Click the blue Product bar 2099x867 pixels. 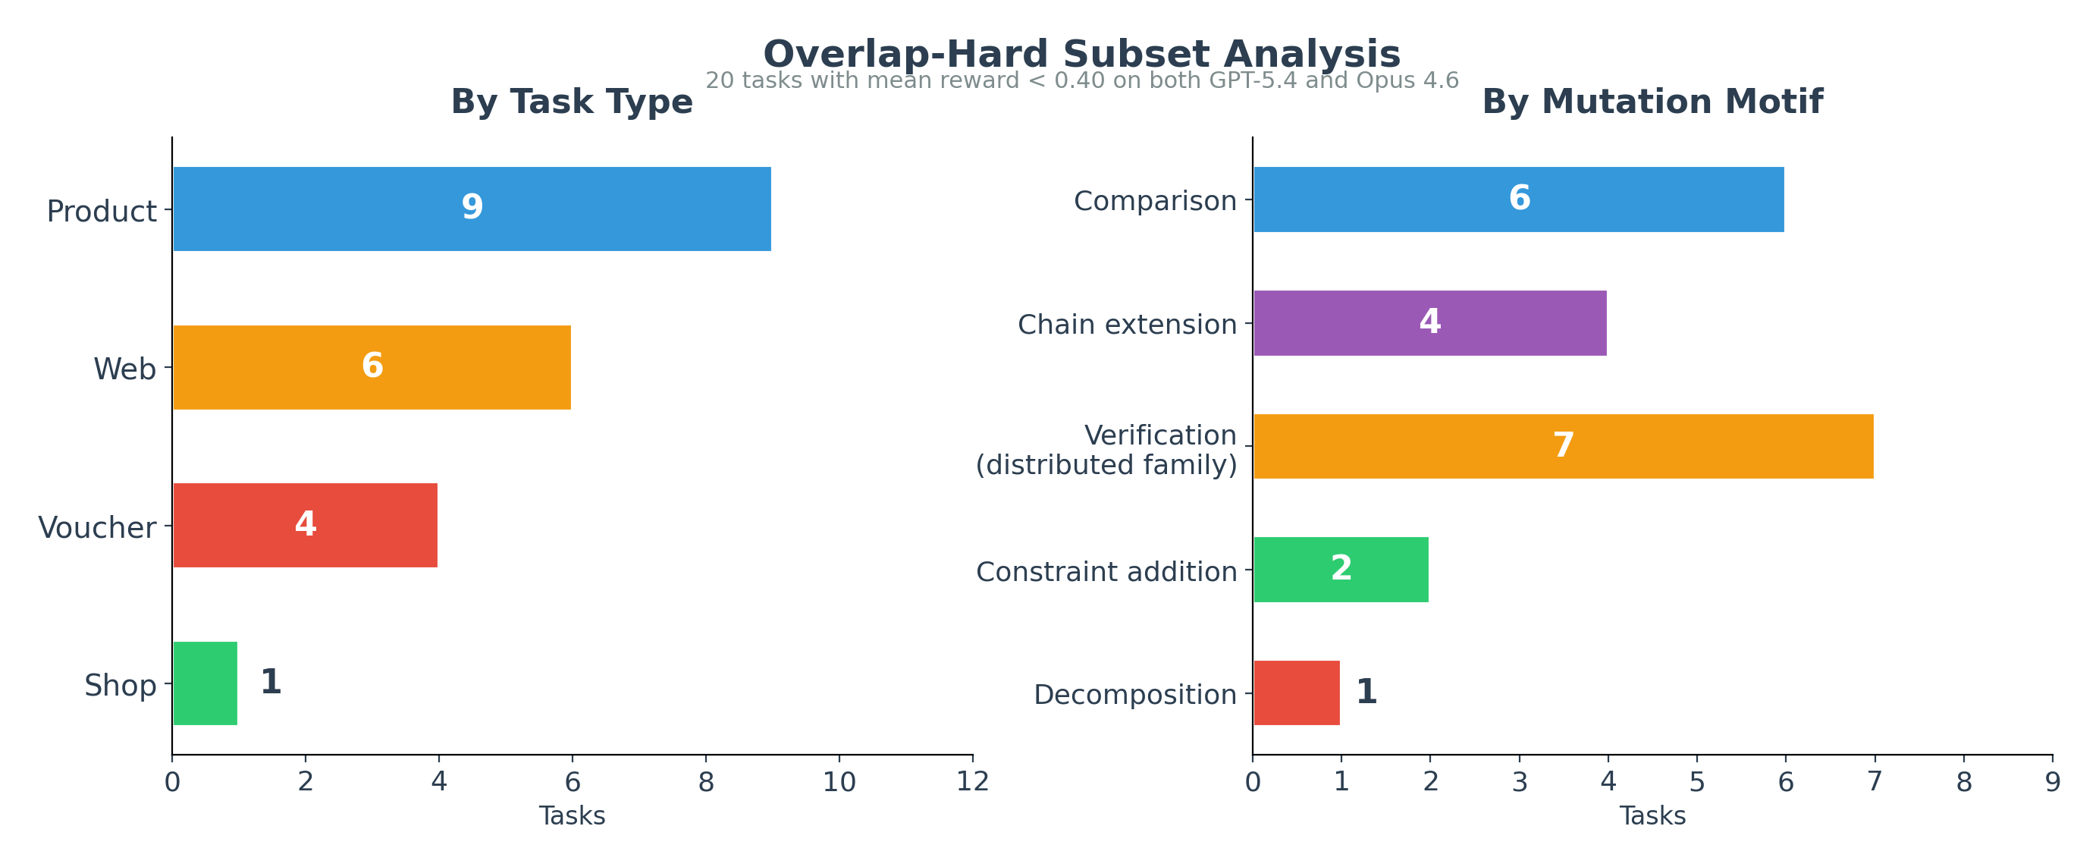point(472,209)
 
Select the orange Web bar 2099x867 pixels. point(372,367)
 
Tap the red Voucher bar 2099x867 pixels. point(305,526)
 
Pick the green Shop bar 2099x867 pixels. point(205,683)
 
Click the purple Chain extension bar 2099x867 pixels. point(1430,323)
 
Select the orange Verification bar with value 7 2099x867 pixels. point(1563,447)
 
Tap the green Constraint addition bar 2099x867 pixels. point(1341,570)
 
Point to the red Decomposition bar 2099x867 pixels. point(1297,693)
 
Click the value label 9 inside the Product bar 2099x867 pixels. point(472,207)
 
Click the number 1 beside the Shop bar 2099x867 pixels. point(271,682)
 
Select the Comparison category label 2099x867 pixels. point(1155,200)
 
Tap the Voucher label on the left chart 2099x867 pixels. point(97,528)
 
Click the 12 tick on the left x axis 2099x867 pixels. point(972,782)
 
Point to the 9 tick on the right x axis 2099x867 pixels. point(2053,782)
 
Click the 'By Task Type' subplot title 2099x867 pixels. point(571,102)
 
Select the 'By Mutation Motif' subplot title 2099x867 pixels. point(1652,102)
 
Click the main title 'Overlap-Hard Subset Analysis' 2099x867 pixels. point(1081,54)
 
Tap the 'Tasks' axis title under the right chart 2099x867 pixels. point(1652,816)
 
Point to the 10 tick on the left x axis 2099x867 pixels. point(839,782)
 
